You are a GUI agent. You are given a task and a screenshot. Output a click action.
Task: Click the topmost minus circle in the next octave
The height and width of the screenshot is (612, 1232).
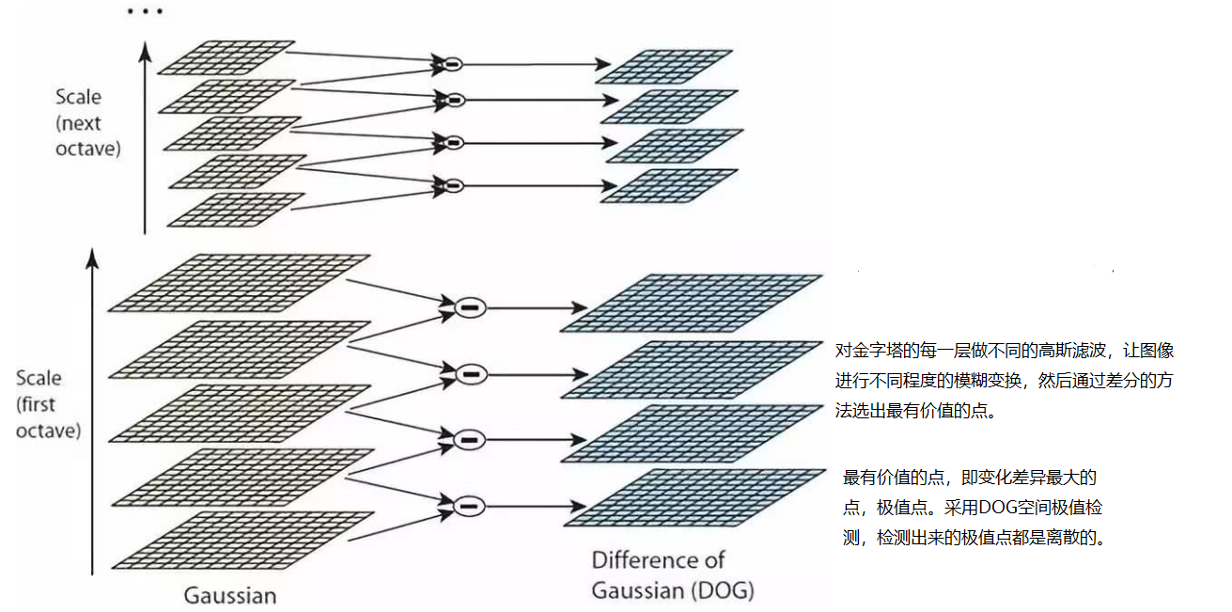tap(452, 64)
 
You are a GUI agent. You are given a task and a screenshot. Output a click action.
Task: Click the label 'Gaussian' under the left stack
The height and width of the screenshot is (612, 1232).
tap(230, 595)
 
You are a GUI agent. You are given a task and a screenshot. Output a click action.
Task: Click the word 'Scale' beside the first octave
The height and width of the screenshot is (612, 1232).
tap(39, 378)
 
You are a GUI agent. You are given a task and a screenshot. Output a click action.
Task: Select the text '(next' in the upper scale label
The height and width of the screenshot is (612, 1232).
tap(78, 122)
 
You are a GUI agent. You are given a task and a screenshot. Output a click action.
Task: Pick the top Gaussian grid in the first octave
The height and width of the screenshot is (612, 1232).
tap(240, 282)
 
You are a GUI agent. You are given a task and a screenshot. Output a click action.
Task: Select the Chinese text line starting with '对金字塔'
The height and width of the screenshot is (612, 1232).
tap(1005, 351)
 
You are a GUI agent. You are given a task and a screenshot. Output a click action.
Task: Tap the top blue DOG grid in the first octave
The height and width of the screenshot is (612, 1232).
tap(692, 303)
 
